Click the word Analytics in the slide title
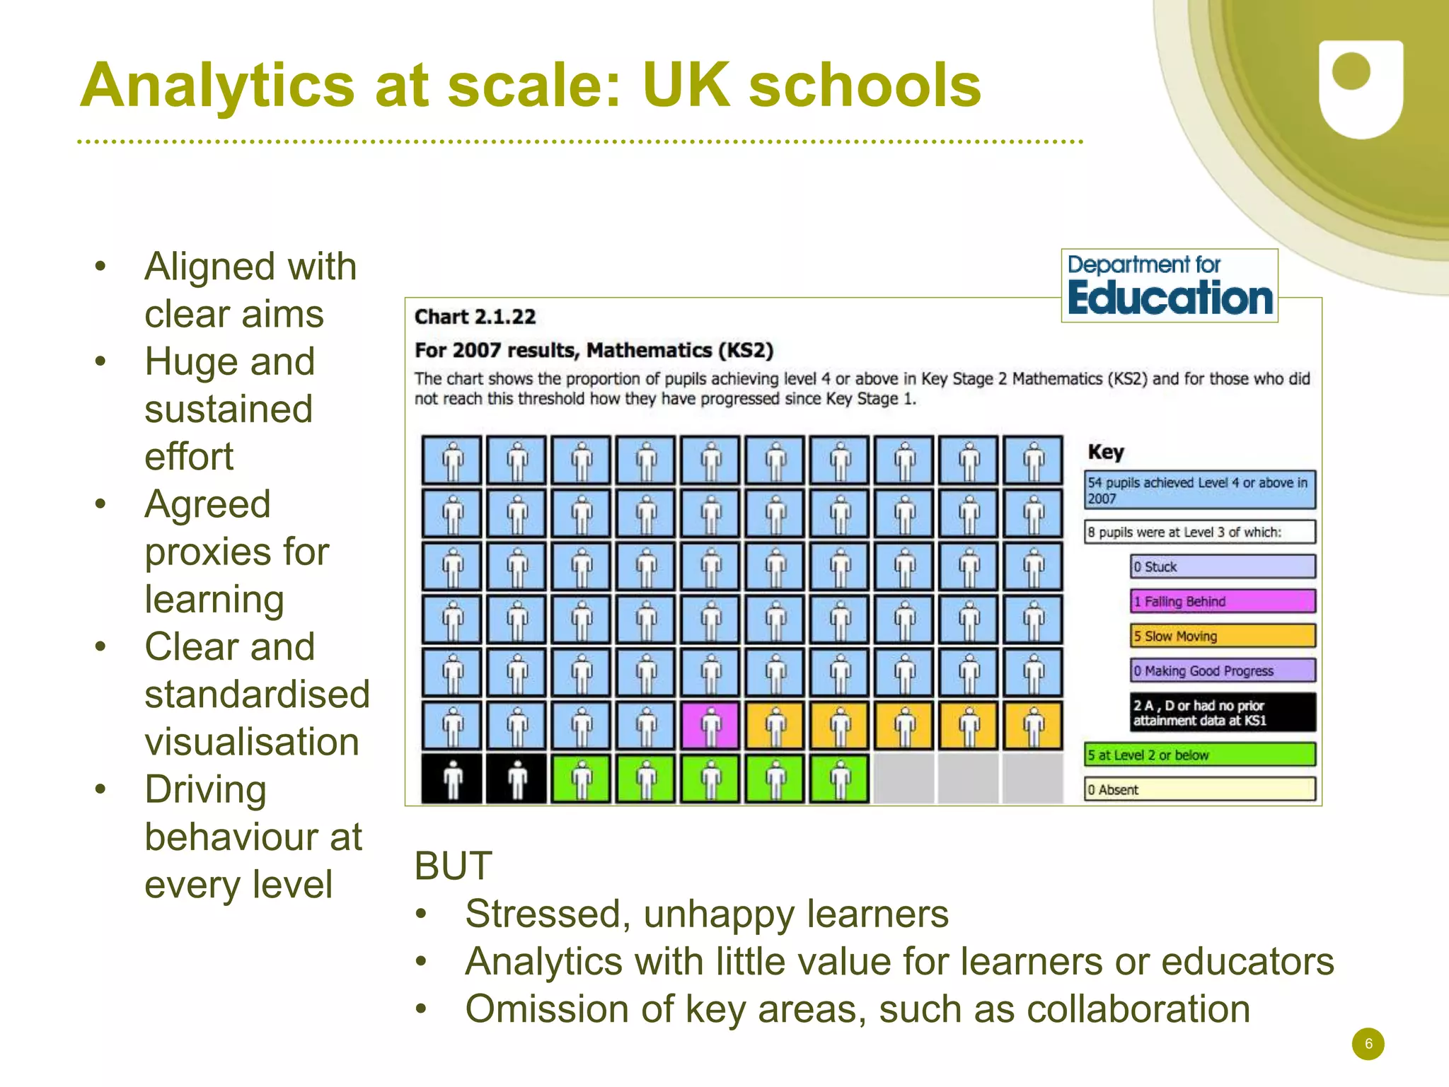[x=217, y=86]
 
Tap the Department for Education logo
[x=1169, y=286]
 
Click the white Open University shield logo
[x=1361, y=88]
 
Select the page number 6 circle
[x=1368, y=1044]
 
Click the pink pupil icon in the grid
[x=710, y=726]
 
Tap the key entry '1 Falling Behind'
[x=1222, y=601]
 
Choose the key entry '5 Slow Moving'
[x=1222, y=636]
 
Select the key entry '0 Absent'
[x=1199, y=789]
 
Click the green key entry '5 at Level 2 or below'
[x=1199, y=755]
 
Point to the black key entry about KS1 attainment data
[x=1222, y=712]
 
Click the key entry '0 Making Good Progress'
[x=1222, y=670]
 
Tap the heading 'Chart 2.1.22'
[x=475, y=317]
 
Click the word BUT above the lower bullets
[x=453, y=866]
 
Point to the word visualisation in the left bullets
[x=252, y=742]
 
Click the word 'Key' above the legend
[x=1105, y=452]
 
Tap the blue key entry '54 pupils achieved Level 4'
[x=1199, y=490]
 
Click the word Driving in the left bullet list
[x=205, y=789]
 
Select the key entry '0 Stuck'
[x=1222, y=566]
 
